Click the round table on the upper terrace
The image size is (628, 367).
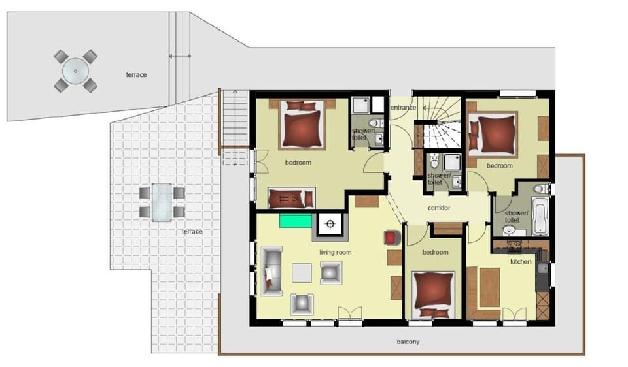click(75, 72)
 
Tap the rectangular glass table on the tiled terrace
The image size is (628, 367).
click(162, 202)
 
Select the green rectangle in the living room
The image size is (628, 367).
click(296, 221)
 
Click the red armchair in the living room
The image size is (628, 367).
click(392, 238)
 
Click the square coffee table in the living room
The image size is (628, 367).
click(302, 273)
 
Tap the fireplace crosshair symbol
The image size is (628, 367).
click(330, 224)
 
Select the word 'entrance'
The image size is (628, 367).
click(403, 108)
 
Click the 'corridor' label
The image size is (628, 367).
click(439, 208)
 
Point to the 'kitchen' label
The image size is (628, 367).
click(521, 261)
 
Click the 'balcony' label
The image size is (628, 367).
click(408, 342)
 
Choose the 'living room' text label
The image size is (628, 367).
click(335, 252)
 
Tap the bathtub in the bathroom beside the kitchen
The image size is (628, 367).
click(540, 215)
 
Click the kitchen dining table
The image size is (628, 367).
click(489, 287)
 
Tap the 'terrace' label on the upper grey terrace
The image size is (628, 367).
click(136, 74)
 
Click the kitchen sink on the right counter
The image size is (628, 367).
click(543, 268)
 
